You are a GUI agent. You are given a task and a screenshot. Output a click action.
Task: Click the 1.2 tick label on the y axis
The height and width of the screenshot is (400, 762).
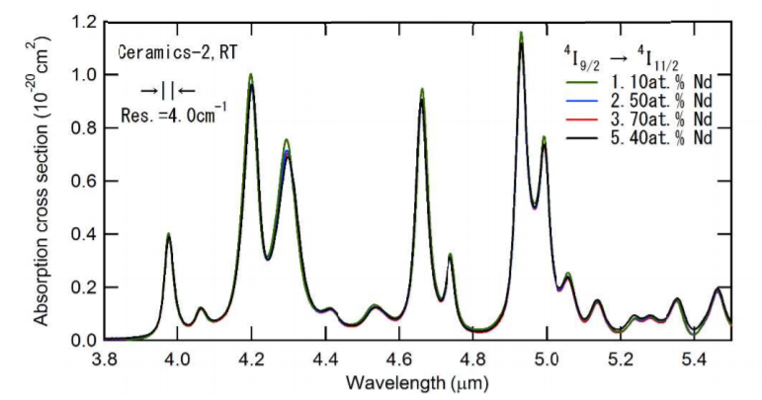(x=83, y=22)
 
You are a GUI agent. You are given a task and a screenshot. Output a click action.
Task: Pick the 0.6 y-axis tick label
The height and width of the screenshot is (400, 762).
(x=83, y=181)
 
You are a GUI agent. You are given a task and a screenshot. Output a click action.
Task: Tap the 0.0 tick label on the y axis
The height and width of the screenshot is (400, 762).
(x=83, y=340)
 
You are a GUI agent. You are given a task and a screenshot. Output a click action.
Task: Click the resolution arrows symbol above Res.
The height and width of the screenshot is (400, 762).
(x=168, y=89)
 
